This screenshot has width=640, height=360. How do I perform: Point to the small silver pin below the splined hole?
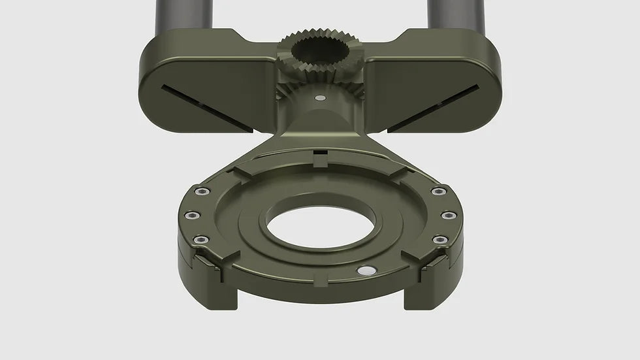319,98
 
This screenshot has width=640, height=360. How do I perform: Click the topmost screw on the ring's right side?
438,191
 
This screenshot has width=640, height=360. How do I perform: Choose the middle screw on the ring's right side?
448,215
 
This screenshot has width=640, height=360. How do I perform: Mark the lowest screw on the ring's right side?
440,240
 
